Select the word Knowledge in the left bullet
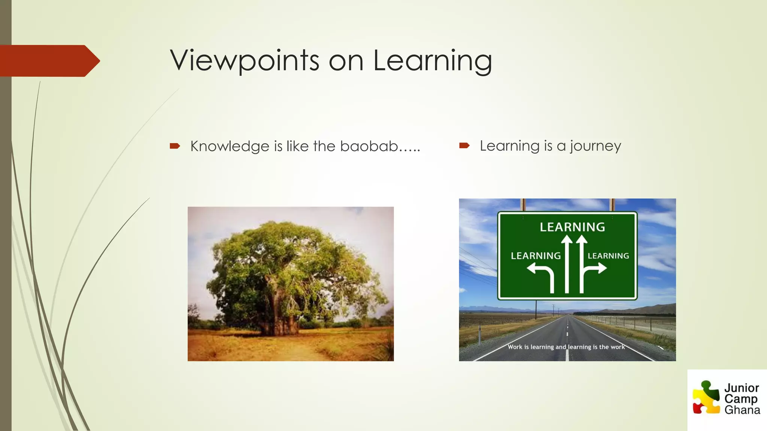click(x=230, y=146)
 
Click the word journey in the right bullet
click(x=595, y=146)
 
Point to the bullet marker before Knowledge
click(x=175, y=146)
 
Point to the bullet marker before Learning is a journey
click(x=464, y=146)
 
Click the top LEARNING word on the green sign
click(x=572, y=227)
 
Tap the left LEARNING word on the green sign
click(x=536, y=256)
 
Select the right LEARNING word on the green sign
click(x=608, y=256)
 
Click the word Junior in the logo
click(x=742, y=388)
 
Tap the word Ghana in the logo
click(x=742, y=410)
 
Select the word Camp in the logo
click(x=740, y=399)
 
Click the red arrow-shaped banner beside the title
click(x=49, y=61)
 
